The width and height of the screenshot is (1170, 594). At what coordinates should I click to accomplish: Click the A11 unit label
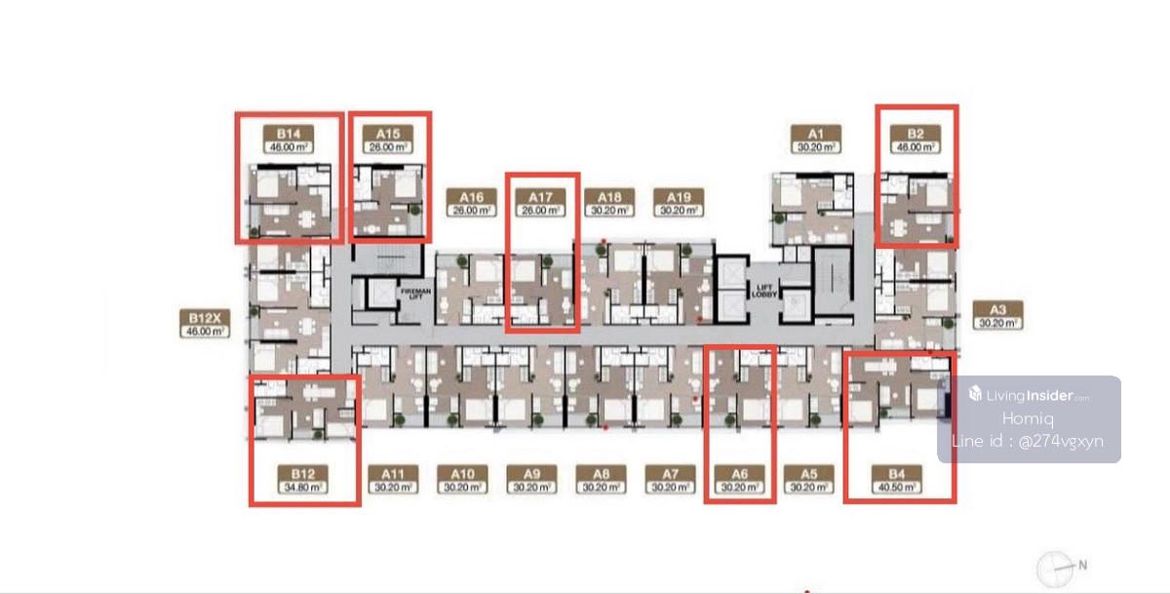tap(392, 480)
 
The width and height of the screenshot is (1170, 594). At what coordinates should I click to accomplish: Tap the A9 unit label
tap(532, 480)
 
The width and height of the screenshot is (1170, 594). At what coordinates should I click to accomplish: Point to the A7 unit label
tap(670, 480)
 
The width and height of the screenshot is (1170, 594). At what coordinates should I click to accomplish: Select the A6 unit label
tap(739, 480)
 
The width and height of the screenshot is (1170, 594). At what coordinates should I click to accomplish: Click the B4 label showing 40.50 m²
tap(898, 480)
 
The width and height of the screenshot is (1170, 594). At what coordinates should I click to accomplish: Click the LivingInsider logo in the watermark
tap(1029, 395)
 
